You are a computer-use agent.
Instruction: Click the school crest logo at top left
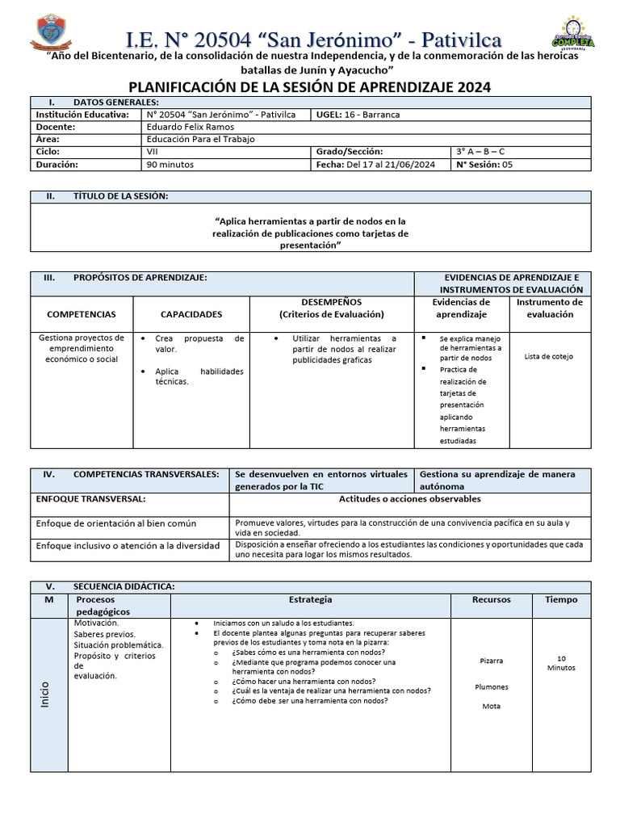click(x=49, y=33)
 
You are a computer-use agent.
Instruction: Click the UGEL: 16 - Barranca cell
click(x=358, y=115)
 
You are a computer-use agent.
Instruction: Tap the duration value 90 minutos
click(x=170, y=164)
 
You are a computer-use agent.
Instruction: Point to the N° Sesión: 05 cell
click(x=484, y=164)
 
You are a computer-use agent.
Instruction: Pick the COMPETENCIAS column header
click(x=82, y=314)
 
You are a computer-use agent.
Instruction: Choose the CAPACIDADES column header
click(x=191, y=314)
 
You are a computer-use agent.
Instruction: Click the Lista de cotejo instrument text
click(x=549, y=356)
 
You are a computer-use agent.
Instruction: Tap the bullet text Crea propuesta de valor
click(x=199, y=344)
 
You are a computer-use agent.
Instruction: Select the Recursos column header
click(x=491, y=600)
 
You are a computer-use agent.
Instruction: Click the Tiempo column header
click(x=561, y=600)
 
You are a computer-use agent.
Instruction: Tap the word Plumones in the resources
click(x=491, y=687)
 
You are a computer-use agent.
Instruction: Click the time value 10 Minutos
click(x=561, y=663)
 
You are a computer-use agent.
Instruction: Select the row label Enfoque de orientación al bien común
click(x=117, y=523)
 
